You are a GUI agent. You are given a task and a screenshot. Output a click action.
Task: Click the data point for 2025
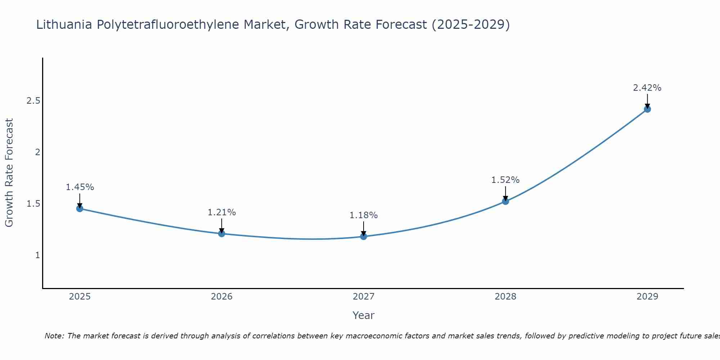tap(80, 208)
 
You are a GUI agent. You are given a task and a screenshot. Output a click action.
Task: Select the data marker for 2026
tap(221, 234)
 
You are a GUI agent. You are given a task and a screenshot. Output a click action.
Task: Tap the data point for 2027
tap(364, 237)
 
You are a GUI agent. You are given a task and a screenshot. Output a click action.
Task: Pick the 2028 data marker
tap(505, 201)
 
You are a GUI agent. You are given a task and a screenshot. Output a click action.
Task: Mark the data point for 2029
tap(647, 109)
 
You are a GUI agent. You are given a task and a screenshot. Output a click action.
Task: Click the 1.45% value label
tap(80, 187)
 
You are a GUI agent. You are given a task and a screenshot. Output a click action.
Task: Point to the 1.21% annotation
tap(221, 212)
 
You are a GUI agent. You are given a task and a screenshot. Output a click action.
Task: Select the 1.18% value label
tap(364, 215)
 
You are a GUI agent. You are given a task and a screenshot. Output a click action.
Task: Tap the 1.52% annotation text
tap(505, 180)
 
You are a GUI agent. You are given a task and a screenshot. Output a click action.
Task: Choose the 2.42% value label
tap(647, 88)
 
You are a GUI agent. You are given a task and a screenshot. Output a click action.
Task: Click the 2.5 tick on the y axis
tap(33, 101)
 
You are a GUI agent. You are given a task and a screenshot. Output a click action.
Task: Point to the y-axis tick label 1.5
tap(33, 204)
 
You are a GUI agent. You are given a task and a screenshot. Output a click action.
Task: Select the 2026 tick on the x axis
tap(221, 297)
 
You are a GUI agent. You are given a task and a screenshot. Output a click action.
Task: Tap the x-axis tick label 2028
tap(505, 297)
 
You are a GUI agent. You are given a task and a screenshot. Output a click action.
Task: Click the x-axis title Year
tap(364, 315)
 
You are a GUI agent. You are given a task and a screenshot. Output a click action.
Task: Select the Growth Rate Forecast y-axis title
tap(9, 173)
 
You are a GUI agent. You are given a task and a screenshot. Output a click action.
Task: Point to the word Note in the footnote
tap(54, 336)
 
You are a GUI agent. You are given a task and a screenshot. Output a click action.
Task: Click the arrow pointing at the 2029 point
tap(647, 101)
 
